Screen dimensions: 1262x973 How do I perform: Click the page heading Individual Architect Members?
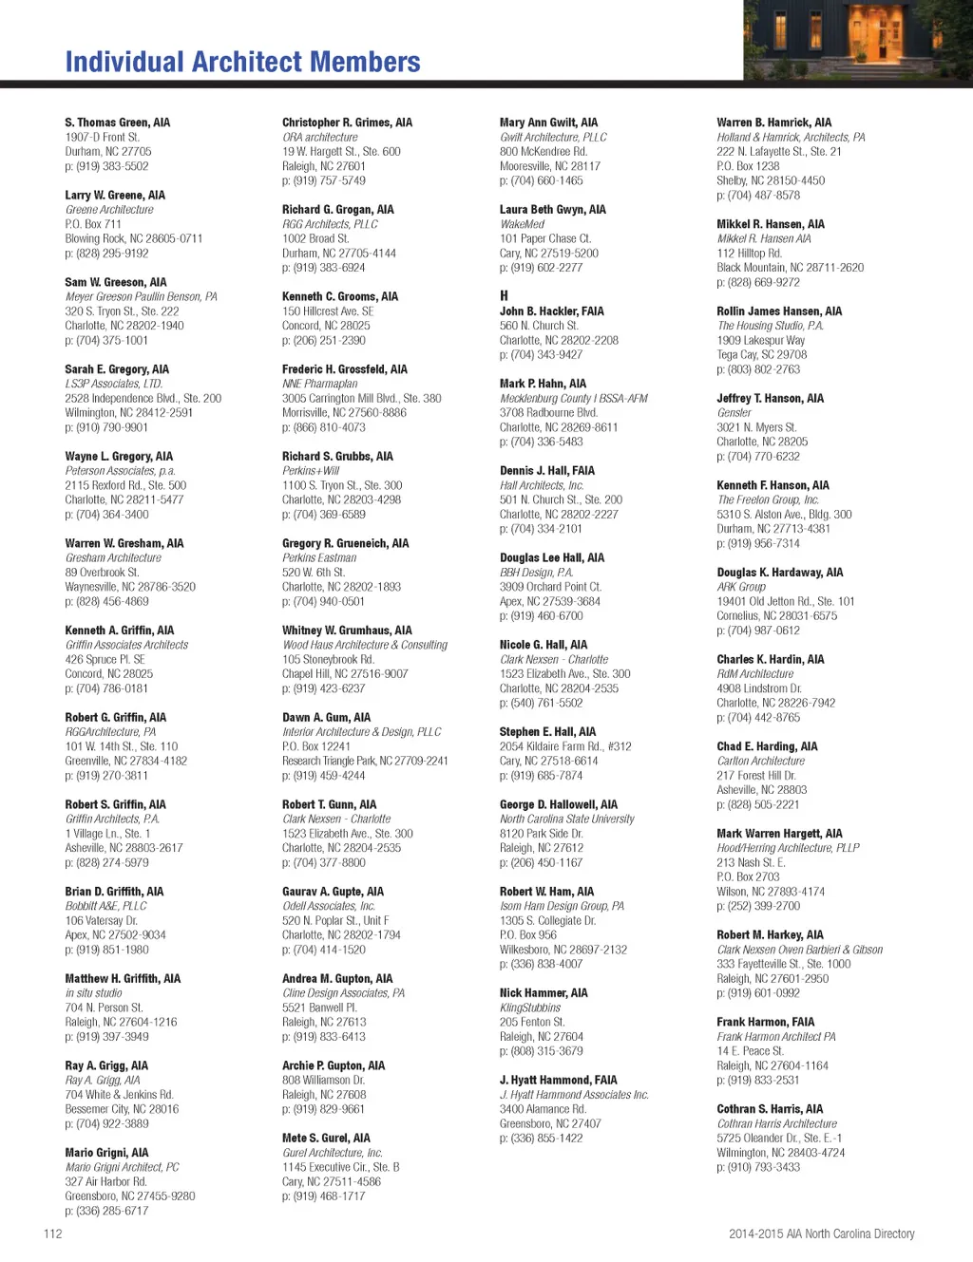[242, 63]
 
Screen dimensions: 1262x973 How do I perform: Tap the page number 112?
[52, 1234]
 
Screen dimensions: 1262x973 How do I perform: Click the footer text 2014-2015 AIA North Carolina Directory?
[821, 1234]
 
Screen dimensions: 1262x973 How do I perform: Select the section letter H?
[504, 295]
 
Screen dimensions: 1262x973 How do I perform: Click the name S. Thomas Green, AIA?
[117, 122]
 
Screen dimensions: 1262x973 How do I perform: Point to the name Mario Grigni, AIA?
[106, 1153]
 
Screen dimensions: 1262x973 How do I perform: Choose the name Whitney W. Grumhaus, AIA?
[347, 631]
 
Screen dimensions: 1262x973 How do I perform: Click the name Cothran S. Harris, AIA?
[770, 1109]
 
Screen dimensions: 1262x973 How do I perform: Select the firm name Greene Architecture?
[109, 210]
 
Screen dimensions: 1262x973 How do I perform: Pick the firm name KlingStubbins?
[530, 1008]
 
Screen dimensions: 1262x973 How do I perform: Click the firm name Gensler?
[734, 413]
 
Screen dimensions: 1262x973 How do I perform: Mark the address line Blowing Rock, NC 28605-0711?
[134, 238]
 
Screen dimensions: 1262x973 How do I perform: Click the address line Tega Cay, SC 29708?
[761, 354]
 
